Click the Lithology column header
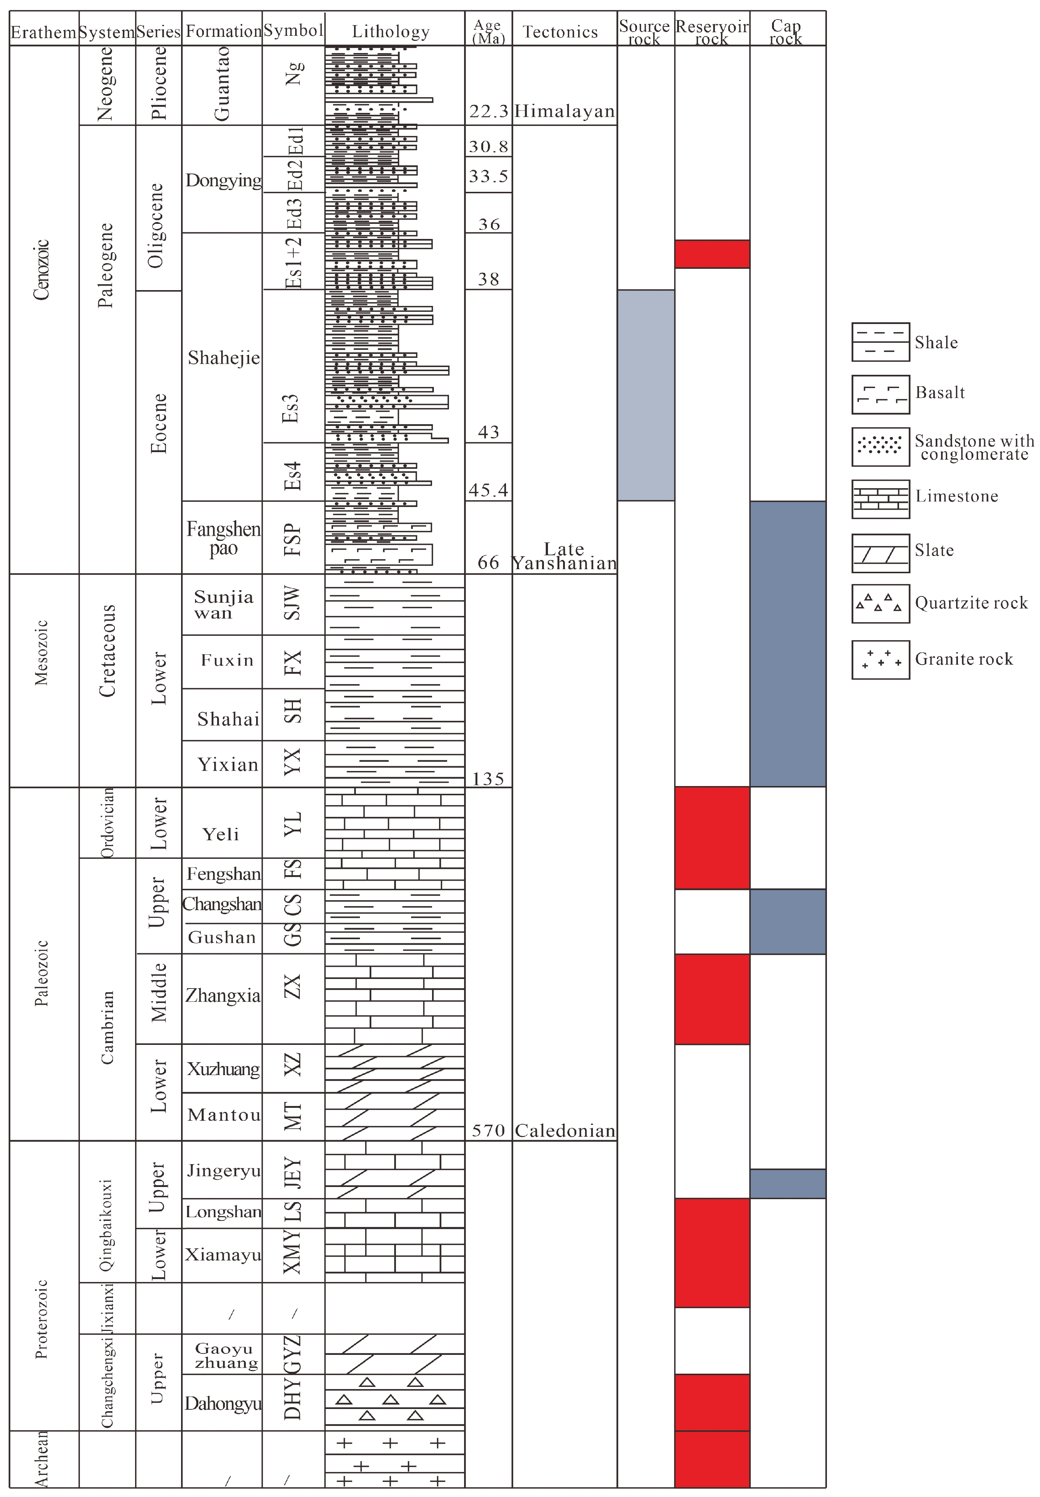tap(390, 31)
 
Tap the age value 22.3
tap(488, 112)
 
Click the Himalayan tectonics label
tap(564, 112)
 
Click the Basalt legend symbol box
tap(880, 394)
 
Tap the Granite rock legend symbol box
tap(880, 660)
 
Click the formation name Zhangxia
tap(222, 995)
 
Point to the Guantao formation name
tap(222, 85)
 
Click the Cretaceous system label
tap(107, 651)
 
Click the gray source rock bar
tap(645, 395)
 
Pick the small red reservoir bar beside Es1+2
tap(712, 254)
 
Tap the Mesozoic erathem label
tap(42, 652)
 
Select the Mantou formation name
tap(223, 1115)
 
